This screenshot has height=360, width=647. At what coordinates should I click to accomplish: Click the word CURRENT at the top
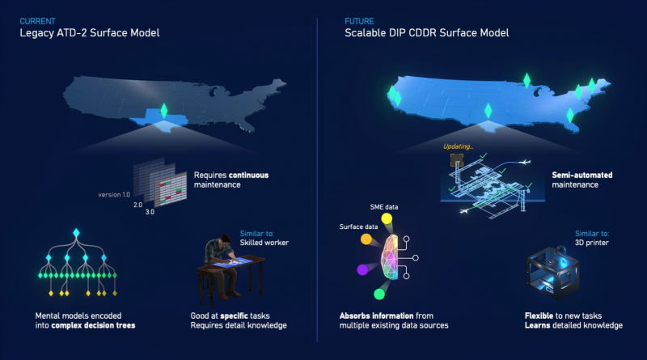tap(37, 19)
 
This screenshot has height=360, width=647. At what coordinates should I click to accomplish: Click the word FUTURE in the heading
tap(359, 19)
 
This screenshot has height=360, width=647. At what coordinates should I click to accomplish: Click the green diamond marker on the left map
tap(163, 110)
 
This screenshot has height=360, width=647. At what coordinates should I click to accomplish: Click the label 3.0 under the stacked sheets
tap(150, 211)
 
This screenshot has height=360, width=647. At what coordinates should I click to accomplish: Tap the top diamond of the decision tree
tap(77, 235)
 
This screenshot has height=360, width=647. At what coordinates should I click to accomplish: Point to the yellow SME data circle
tap(387, 218)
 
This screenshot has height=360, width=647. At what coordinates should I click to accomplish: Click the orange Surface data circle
tap(366, 239)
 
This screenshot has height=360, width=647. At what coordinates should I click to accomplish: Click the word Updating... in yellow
tap(459, 146)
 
